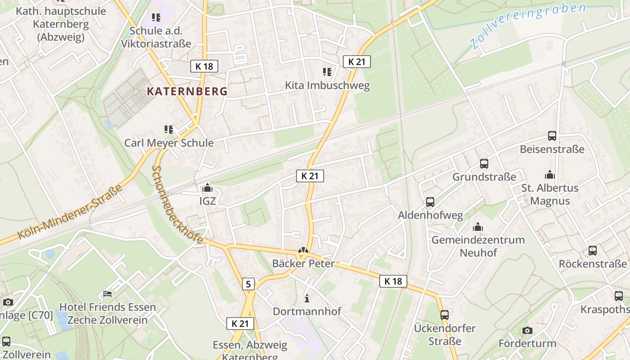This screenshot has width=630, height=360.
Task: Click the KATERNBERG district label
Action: [187, 91]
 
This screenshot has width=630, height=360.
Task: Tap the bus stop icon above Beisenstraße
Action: [552, 135]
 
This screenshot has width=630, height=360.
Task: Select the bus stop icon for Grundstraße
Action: [484, 164]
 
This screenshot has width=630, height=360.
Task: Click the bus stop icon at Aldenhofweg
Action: [430, 202]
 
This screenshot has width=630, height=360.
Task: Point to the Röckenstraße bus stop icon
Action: [593, 251]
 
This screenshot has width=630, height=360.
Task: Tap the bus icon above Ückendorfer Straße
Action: [445, 315]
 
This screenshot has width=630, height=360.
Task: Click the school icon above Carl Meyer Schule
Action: [169, 130]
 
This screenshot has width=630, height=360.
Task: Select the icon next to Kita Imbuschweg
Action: [327, 72]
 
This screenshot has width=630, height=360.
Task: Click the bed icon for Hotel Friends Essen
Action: [108, 294]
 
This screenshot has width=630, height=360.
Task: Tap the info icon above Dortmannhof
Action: [307, 298]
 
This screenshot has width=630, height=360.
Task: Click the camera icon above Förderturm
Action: [527, 331]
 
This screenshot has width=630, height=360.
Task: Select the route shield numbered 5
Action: [248, 284]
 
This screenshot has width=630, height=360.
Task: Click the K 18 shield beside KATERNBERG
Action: [204, 66]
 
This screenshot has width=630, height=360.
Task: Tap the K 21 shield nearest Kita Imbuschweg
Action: [357, 62]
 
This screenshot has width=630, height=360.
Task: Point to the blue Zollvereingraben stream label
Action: [527, 25]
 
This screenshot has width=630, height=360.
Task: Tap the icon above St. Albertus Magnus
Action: [549, 175]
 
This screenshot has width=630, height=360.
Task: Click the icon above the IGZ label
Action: [207, 188]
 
